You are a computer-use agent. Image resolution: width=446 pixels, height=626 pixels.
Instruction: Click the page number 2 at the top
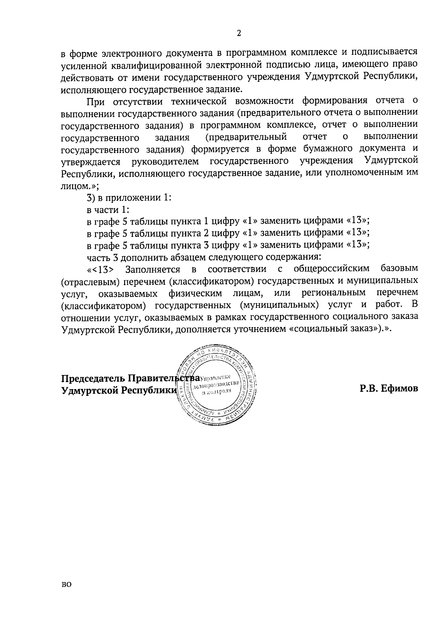click(239, 33)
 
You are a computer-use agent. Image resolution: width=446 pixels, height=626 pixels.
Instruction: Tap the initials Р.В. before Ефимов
click(369, 388)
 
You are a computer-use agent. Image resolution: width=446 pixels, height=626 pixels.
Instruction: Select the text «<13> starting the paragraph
click(100, 269)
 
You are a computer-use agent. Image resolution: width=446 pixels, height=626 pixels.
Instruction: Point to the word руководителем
click(165, 162)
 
